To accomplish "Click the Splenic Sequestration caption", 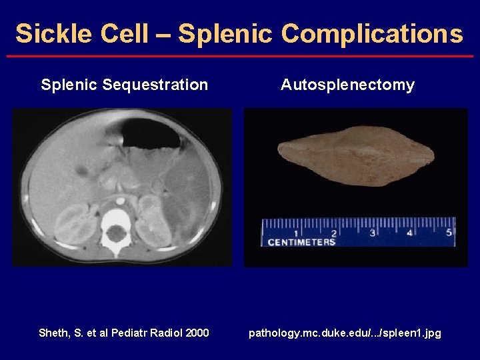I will pyautogui.click(x=124, y=85).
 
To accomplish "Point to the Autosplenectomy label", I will pyautogui.click(x=347, y=85).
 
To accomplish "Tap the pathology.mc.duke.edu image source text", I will pyautogui.click(x=345, y=333).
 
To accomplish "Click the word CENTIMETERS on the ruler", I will pyautogui.click(x=301, y=242).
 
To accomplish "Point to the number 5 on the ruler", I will pyautogui.click(x=449, y=233).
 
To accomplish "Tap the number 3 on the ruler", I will pyautogui.click(x=372, y=233).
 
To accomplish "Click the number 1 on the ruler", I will pyautogui.click(x=296, y=233).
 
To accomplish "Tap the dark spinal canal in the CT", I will pyautogui.click(x=117, y=234).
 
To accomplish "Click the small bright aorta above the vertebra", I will pyautogui.click(x=120, y=199).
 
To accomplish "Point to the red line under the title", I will pyautogui.click(x=240, y=56).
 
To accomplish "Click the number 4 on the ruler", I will pyautogui.click(x=410, y=233).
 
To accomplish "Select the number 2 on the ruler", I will pyautogui.click(x=334, y=233).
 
